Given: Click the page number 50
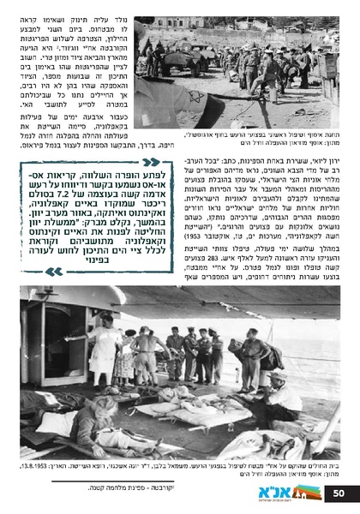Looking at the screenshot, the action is click(x=339, y=493).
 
